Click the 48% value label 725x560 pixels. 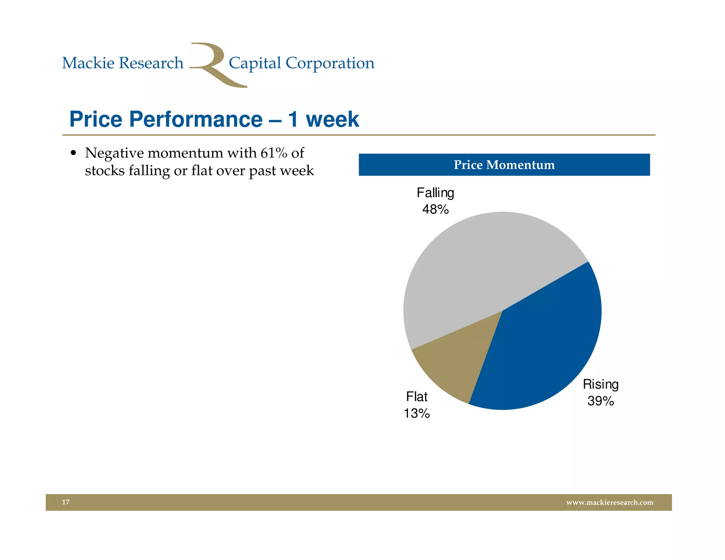[x=435, y=210]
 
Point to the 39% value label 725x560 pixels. [x=600, y=401]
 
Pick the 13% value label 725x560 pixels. [x=417, y=413]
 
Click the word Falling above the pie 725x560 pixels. [x=435, y=193]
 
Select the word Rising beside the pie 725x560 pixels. [x=600, y=384]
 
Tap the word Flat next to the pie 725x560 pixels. [x=417, y=397]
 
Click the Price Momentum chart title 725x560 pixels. [x=504, y=165]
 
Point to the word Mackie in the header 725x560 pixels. [x=88, y=63]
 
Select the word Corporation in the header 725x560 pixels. [x=330, y=63]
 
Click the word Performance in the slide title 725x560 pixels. [x=195, y=119]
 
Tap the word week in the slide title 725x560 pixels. [x=332, y=119]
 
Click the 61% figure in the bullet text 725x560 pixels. [x=274, y=153]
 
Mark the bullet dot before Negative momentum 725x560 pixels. [x=73, y=153]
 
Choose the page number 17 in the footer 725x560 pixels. [x=66, y=502]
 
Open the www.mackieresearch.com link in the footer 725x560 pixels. [x=610, y=502]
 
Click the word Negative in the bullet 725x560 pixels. [x=114, y=153]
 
